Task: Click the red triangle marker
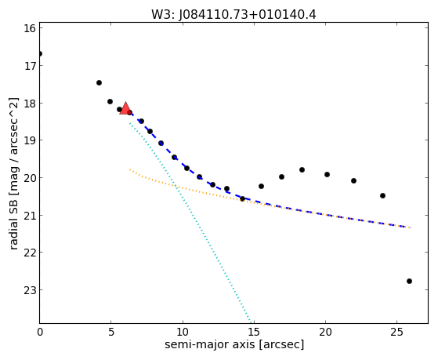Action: coord(125,108)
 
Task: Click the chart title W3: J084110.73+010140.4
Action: coord(233,14)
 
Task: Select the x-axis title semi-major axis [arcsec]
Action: coord(234,344)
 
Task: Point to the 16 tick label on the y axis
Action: coord(29,28)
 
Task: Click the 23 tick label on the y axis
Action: coord(29,290)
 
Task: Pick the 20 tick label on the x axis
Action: coord(325,332)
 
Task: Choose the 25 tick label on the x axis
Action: coord(396,332)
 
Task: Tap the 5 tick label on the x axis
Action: coord(111,332)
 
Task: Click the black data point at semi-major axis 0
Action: coord(40,53)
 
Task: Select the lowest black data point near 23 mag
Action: coord(409,281)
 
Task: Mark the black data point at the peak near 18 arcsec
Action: coord(302,169)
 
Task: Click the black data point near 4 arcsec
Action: coord(99,82)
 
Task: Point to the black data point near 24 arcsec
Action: coord(382,195)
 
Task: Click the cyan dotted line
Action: coord(190,223)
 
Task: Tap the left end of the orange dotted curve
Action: coord(130,169)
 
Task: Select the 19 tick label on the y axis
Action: coord(29,140)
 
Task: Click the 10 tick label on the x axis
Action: coord(183,332)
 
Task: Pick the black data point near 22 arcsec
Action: coord(353,180)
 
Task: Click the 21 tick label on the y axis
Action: coord(29,216)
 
